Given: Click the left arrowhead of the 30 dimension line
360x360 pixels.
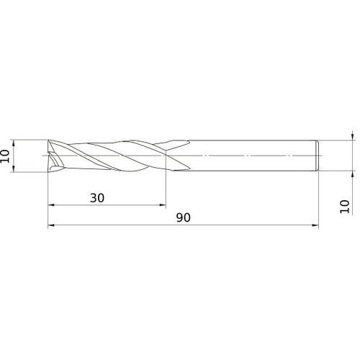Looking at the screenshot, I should tap(51, 205).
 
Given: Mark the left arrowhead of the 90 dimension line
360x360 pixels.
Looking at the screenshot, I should tap(51, 226).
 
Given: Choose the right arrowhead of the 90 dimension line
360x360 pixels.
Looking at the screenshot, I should tap(315, 226).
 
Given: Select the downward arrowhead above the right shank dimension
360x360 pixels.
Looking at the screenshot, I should tap(352, 135).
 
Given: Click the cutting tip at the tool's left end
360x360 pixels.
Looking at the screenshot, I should tap(52, 156).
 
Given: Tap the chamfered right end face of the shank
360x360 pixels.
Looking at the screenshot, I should tap(317, 156).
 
